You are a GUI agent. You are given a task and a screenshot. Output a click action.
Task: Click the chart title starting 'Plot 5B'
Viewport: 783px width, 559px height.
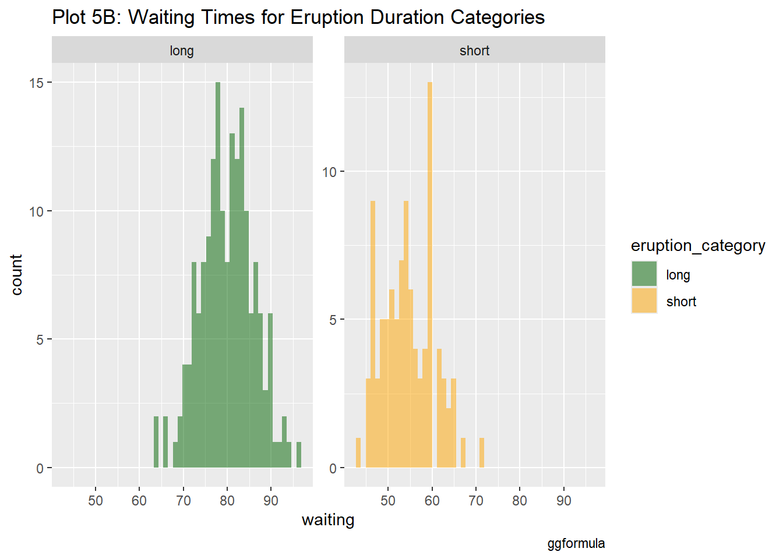click(x=298, y=17)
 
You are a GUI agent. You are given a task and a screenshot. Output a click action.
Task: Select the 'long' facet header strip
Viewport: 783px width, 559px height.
click(x=182, y=51)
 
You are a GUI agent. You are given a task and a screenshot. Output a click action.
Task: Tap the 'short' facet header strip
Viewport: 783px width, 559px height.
click(x=474, y=51)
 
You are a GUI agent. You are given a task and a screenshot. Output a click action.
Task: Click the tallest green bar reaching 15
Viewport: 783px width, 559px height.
click(x=218, y=274)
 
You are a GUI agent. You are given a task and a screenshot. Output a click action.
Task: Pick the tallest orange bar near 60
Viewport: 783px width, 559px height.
click(x=429, y=274)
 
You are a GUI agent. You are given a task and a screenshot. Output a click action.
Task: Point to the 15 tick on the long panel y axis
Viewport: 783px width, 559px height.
click(x=36, y=83)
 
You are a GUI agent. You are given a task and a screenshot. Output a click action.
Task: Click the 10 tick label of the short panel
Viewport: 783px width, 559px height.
click(x=330, y=172)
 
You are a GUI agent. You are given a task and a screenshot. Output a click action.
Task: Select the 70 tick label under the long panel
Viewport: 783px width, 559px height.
click(x=183, y=501)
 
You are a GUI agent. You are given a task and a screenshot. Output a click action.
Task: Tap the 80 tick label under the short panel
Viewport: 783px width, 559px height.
click(x=520, y=501)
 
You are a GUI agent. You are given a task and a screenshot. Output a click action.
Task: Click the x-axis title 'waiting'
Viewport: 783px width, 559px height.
click(x=328, y=520)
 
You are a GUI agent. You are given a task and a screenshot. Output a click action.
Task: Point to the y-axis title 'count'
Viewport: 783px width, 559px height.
click(x=16, y=274)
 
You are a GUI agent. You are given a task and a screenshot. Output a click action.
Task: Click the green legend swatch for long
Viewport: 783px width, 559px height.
click(x=644, y=274)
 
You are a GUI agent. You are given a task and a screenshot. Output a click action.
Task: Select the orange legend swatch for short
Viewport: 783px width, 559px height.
click(x=644, y=301)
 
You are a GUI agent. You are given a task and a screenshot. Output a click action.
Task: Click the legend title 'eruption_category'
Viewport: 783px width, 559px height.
click(x=698, y=246)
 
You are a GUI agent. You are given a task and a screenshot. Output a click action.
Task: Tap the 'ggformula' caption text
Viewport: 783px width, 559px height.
click(x=576, y=544)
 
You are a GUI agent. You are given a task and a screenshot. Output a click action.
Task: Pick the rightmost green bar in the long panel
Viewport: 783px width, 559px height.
click(x=299, y=455)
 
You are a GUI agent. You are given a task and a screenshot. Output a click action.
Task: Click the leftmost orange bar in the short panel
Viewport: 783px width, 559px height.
click(x=358, y=452)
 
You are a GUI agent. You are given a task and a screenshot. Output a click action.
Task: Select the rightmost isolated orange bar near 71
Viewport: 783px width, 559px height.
click(x=482, y=452)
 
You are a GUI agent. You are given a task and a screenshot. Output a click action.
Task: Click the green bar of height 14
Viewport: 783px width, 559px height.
click(x=242, y=285)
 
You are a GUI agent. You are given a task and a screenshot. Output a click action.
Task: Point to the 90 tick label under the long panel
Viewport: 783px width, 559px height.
click(x=271, y=501)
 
